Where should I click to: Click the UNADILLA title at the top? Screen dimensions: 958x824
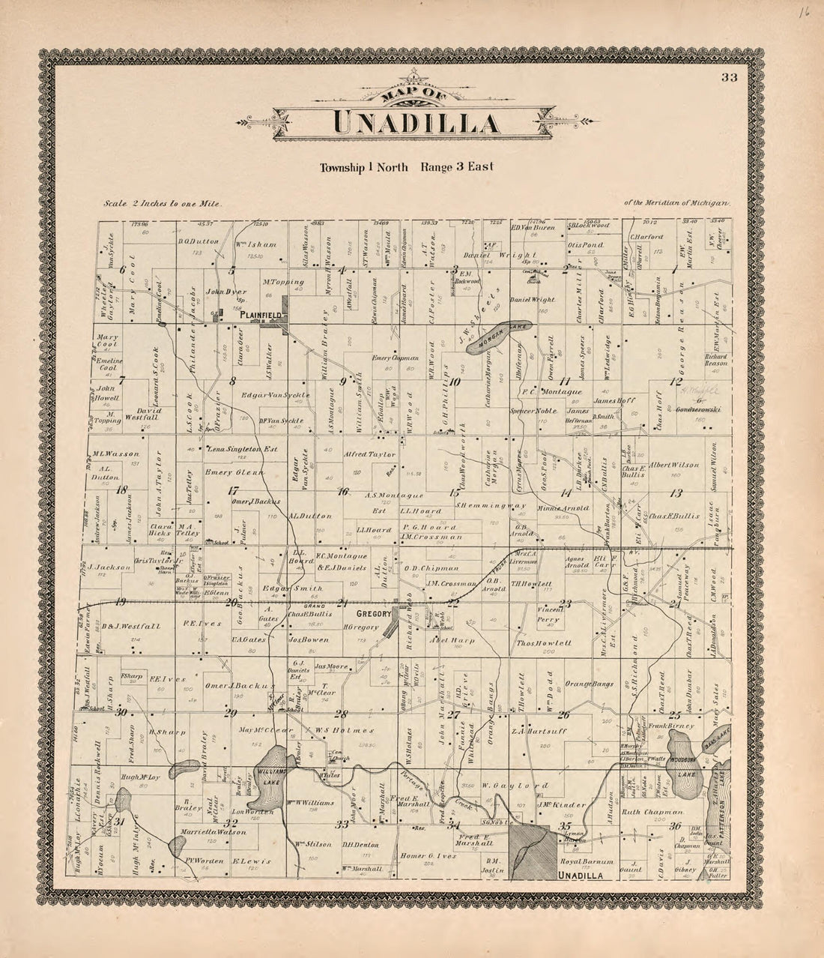tap(413, 123)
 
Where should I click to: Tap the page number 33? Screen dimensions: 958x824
tap(729, 77)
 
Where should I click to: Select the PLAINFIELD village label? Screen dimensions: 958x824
tap(260, 316)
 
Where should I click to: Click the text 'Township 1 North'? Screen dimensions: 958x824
tap(363, 167)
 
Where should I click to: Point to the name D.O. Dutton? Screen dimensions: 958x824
tap(198, 241)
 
